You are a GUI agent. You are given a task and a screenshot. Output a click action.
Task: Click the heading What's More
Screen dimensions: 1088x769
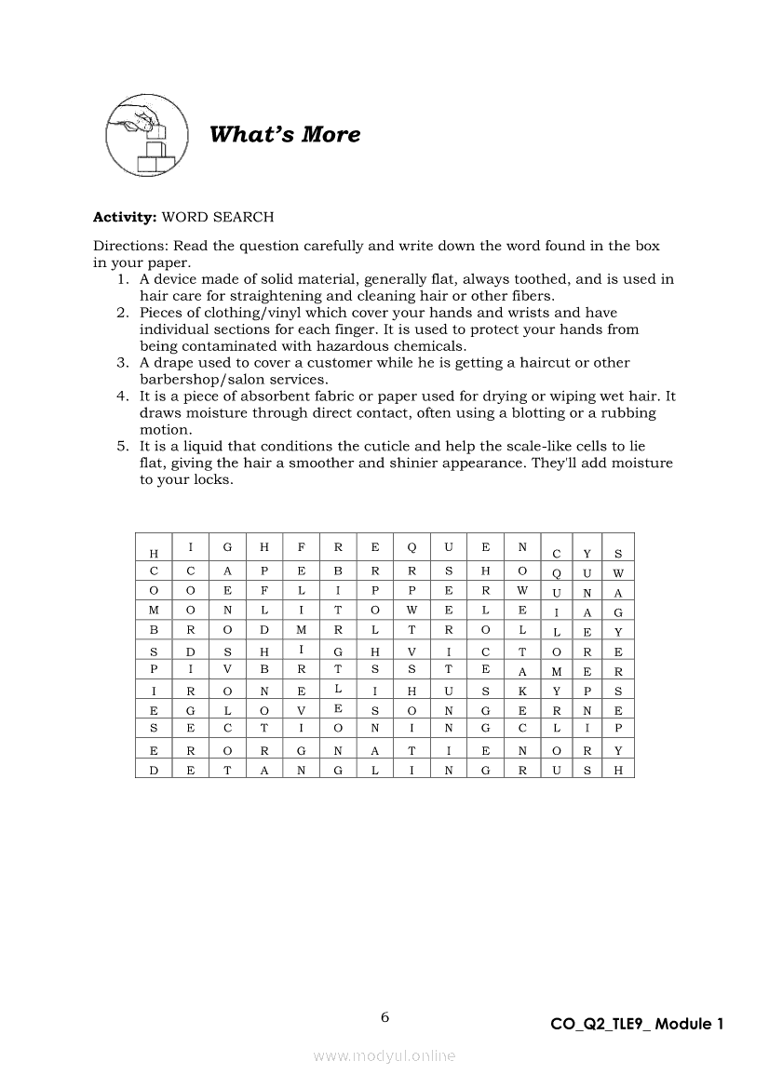[285, 135]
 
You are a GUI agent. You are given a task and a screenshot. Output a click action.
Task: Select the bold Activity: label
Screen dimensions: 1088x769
[125, 217]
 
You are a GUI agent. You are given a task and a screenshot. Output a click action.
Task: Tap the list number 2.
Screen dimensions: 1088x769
[123, 313]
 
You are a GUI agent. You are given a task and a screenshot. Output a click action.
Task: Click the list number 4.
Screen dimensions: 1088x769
[123, 396]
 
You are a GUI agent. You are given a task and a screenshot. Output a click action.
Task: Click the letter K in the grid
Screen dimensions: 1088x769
[522, 690]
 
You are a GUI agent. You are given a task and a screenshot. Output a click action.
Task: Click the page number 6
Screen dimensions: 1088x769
[384, 1017]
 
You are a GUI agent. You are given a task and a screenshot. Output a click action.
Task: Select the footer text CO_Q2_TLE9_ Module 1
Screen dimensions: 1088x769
[637, 1024]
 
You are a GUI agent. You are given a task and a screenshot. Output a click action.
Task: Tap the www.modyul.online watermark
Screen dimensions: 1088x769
[384, 1055]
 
